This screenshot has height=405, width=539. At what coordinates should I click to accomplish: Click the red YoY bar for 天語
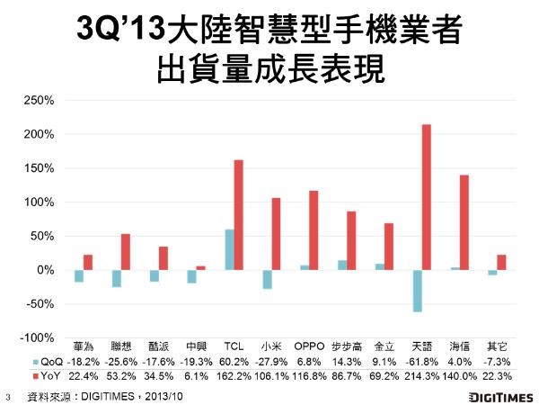coord(426,197)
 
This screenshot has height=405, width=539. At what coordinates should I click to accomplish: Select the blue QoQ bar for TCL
coord(229,249)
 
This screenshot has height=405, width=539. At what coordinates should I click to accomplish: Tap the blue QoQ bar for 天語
coord(418,291)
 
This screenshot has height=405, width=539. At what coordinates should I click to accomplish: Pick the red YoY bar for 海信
coord(464,222)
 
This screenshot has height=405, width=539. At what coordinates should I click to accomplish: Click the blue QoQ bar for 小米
coord(267,279)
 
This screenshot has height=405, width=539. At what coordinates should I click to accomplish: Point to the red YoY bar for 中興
coord(200,268)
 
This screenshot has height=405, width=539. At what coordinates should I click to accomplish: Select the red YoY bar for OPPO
coord(314,230)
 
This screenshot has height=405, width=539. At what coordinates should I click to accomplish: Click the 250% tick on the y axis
coord(39,100)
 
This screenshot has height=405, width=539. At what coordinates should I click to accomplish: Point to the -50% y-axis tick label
coord(40,304)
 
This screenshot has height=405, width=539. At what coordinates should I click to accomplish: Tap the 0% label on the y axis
coord(46,270)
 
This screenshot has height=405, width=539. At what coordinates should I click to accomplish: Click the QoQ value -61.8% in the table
coord(422,362)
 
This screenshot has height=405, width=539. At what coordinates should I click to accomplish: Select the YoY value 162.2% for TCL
coord(234,376)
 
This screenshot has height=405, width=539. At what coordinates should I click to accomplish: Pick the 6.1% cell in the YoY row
coord(196,376)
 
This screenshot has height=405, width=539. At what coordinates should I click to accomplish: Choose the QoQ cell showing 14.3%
coord(347,362)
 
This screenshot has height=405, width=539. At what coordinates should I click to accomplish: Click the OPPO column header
coord(309,346)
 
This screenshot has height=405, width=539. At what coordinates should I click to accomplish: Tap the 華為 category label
coord(84,346)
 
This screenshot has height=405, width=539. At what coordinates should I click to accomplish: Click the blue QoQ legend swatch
coord(36,363)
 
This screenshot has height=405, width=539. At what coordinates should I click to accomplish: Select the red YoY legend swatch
coord(36,376)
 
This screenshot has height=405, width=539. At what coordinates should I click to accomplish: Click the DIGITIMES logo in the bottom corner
coord(501,397)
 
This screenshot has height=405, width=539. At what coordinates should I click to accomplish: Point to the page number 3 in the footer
coord(8,398)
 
